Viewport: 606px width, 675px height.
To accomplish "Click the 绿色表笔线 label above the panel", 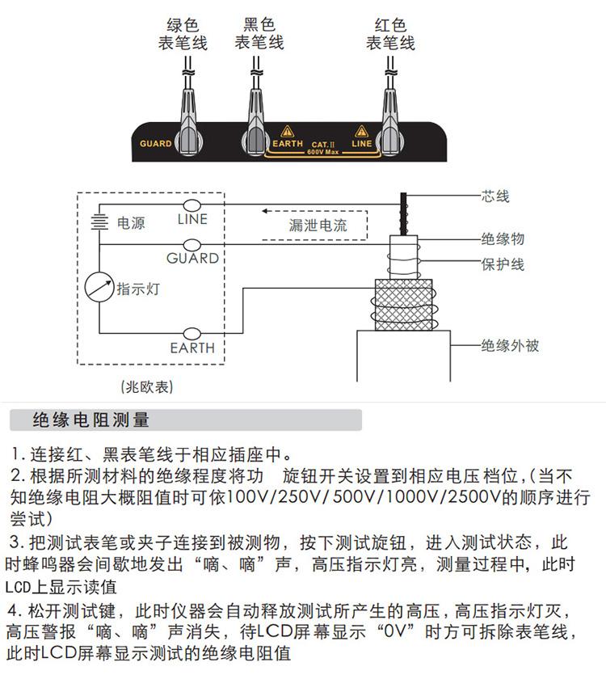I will (x=182, y=34).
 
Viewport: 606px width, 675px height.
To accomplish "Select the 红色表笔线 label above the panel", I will (x=390, y=34).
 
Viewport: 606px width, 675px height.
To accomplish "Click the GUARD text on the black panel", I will (x=156, y=144).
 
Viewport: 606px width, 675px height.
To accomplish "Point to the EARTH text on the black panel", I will (x=288, y=144).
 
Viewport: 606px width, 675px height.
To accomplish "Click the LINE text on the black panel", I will (x=362, y=144).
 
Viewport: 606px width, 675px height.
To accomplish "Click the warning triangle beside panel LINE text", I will (x=361, y=131).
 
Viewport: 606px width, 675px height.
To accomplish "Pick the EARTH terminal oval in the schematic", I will (x=192, y=333).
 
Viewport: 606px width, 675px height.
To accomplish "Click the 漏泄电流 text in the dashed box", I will (x=318, y=226).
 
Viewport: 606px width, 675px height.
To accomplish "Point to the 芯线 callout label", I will (x=495, y=196).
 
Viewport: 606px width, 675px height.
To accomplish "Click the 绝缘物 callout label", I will (x=503, y=239).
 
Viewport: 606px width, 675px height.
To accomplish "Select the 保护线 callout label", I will (x=503, y=264).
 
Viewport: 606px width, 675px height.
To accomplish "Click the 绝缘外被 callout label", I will (x=510, y=346).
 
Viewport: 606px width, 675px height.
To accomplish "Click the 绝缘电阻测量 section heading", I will (x=90, y=420).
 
